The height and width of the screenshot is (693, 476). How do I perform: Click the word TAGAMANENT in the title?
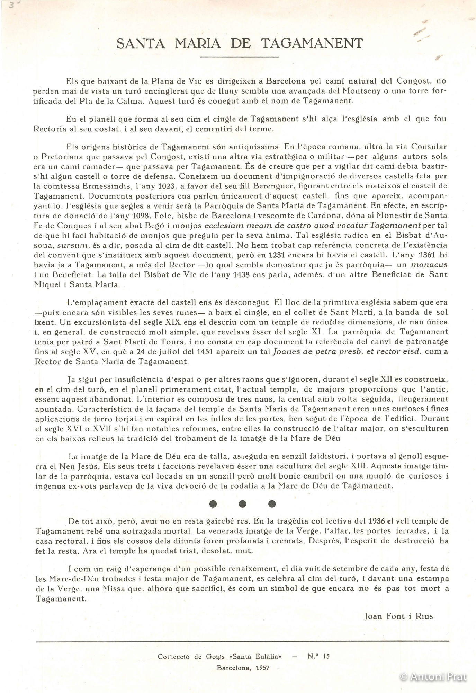pyautogui.click(x=312, y=44)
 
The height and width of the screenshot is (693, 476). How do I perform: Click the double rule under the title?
pyautogui.click(x=240, y=56)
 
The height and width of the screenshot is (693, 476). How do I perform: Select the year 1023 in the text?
pyautogui.click(x=167, y=186)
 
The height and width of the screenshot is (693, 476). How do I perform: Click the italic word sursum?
pyautogui.click(x=70, y=245)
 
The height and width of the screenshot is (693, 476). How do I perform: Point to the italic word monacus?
pyautogui.click(x=429, y=265)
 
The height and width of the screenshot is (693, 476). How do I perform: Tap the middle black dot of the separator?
pyautogui.click(x=243, y=503)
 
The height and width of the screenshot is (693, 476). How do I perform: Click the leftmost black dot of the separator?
pyautogui.click(x=213, y=503)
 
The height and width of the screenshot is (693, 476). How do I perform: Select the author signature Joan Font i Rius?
pyautogui.click(x=398, y=616)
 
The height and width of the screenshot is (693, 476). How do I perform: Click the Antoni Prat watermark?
pyautogui.click(x=433, y=676)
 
